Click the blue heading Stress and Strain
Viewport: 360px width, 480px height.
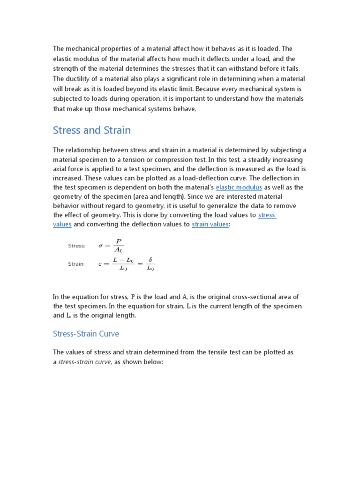click(92, 130)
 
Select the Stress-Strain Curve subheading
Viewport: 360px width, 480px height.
click(86, 334)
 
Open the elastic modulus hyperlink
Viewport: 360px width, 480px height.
click(239, 187)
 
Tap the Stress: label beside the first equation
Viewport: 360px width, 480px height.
click(76, 245)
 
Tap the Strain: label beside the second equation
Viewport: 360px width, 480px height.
click(76, 264)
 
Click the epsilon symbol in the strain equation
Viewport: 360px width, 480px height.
click(99, 264)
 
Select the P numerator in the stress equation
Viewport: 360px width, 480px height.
click(119, 241)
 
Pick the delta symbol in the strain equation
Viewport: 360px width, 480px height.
click(150, 260)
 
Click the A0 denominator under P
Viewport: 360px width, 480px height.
click(119, 250)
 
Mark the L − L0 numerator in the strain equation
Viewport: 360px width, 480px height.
click(122, 260)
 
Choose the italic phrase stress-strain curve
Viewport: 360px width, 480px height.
click(84, 361)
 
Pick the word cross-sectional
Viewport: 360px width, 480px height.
click(253, 297)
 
